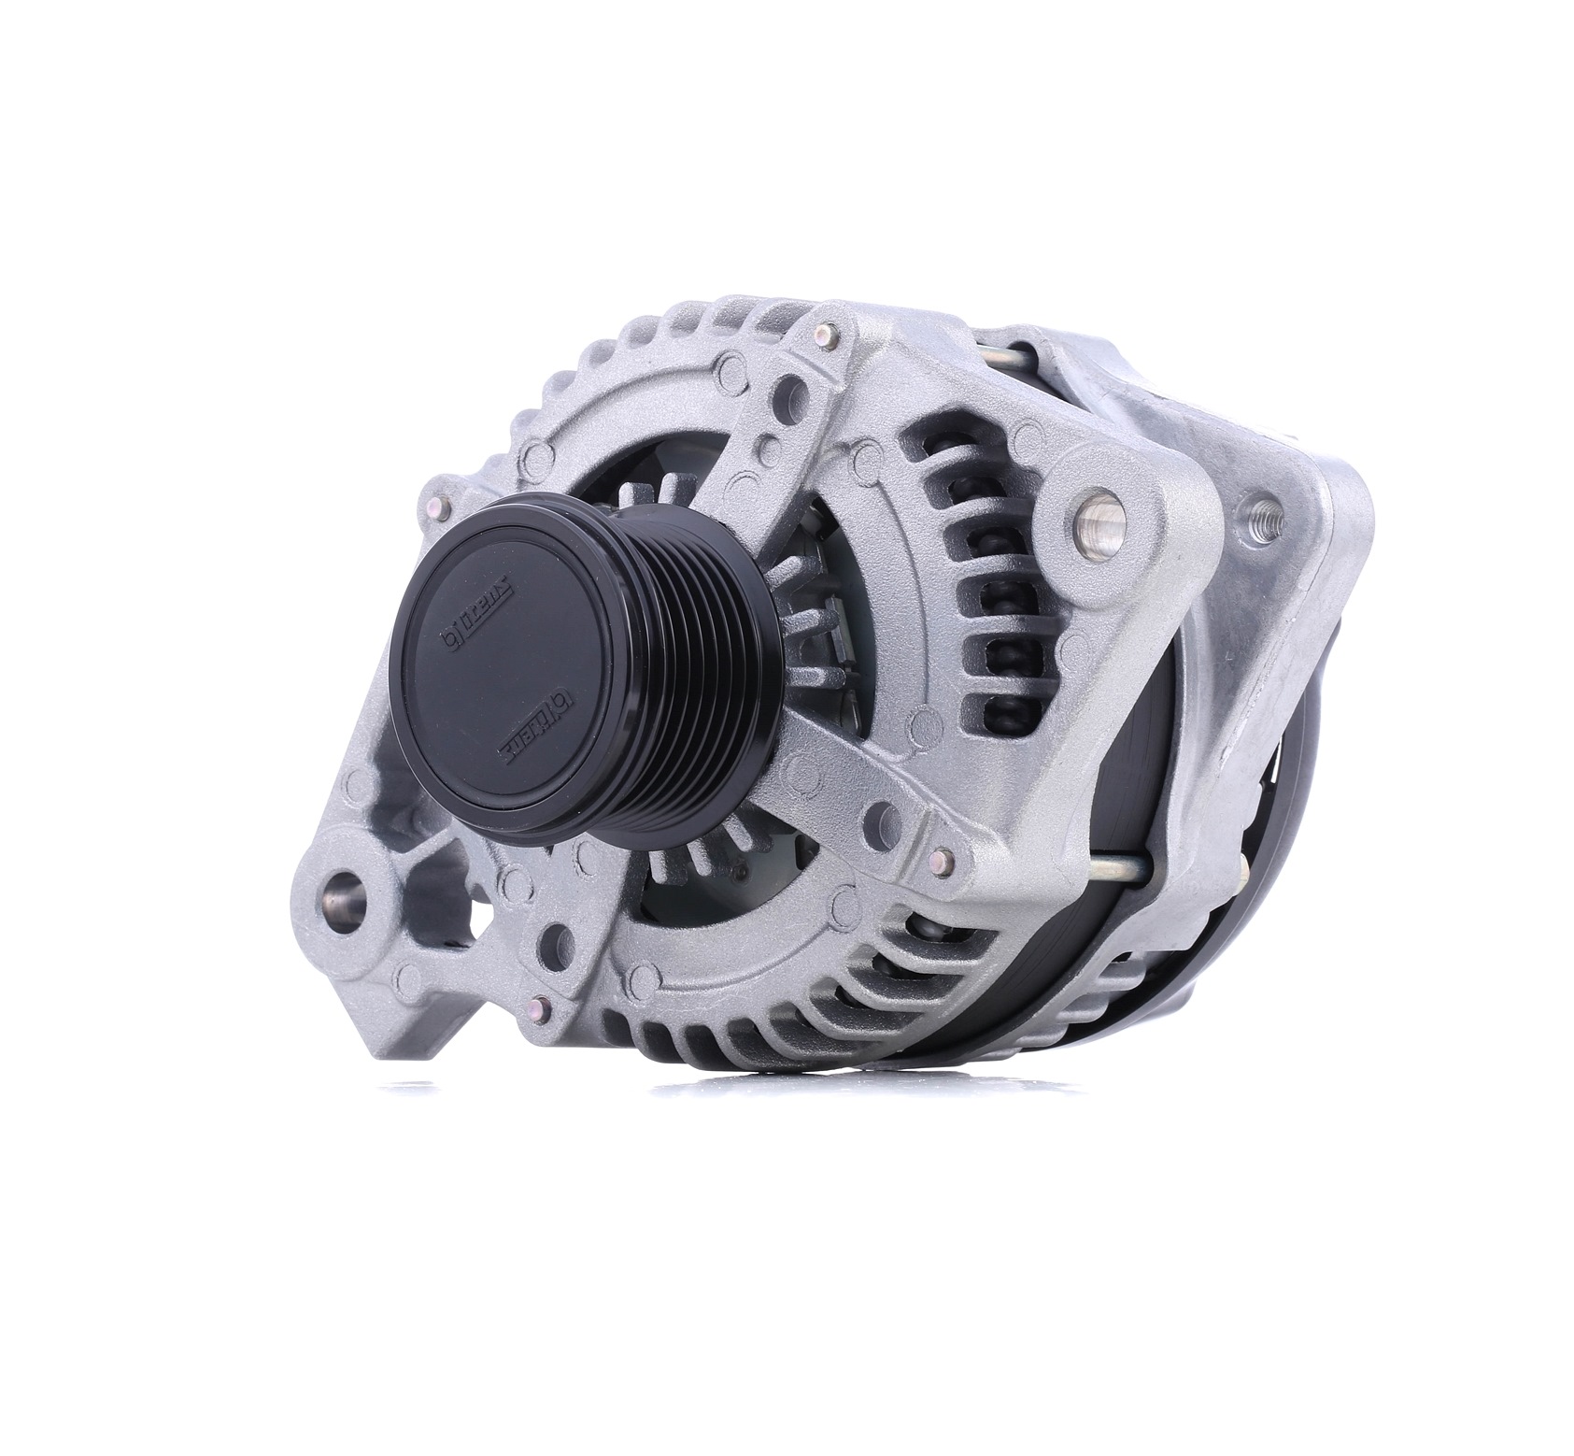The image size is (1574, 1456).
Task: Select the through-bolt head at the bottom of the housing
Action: [x=535, y=1006]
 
